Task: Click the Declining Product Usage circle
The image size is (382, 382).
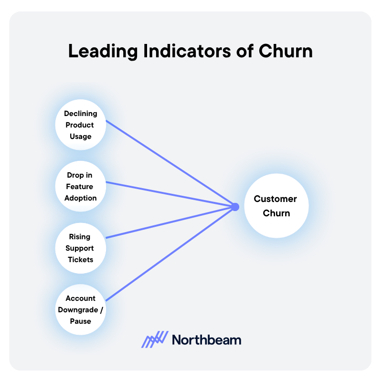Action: click(x=80, y=125)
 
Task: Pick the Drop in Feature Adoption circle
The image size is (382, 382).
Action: click(x=80, y=187)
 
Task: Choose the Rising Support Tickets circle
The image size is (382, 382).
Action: click(x=80, y=248)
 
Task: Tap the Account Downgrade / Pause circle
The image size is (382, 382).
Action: click(x=80, y=310)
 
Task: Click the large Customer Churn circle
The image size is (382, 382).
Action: click(x=276, y=206)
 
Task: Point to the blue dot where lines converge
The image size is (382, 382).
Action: click(x=235, y=207)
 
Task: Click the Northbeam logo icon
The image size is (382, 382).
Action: click(x=155, y=340)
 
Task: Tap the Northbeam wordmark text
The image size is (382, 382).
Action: click(x=206, y=340)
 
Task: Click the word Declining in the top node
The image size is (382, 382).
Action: click(x=80, y=114)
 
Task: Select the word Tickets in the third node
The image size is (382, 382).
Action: click(x=80, y=260)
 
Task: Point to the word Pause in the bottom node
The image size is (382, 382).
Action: click(x=80, y=321)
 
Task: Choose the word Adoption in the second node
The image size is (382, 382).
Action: click(x=80, y=198)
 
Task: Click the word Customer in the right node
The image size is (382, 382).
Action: click(x=275, y=199)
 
